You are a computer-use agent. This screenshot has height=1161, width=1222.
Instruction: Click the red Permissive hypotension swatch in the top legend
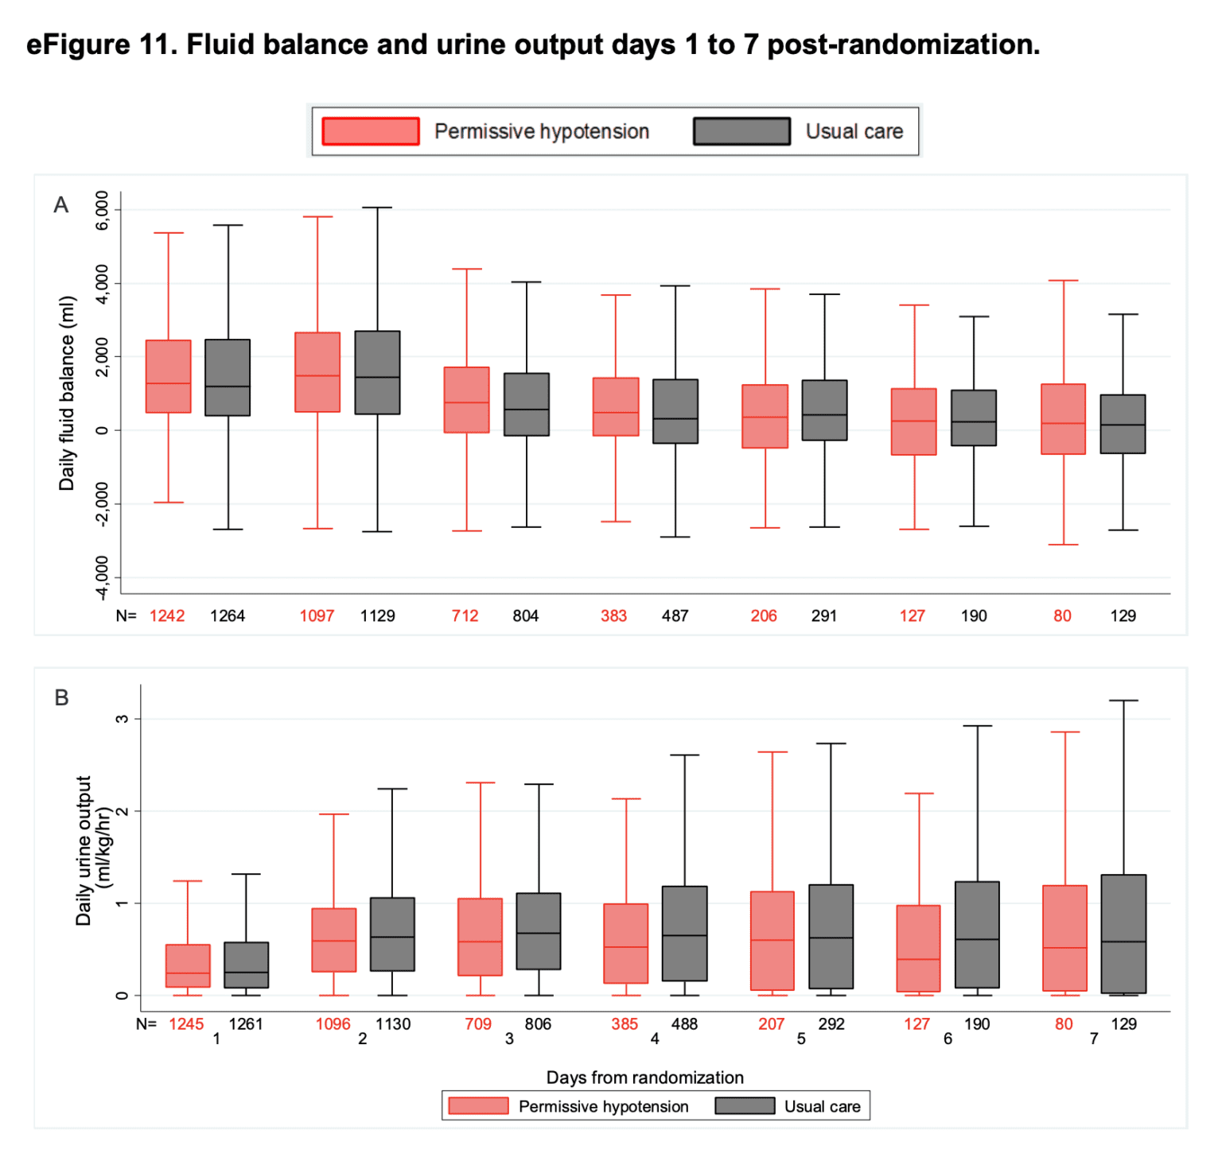tap(370, 131)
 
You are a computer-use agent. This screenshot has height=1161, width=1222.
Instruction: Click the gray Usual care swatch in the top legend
tap(741, 131)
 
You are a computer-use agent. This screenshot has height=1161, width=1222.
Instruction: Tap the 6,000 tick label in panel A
tap(103, 211)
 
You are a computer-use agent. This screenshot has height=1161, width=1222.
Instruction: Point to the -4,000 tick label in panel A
tap(103, 578)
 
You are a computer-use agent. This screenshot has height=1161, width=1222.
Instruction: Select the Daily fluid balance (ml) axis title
tap(67, 393)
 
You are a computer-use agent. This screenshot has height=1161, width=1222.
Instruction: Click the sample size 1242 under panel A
tap(167, 615)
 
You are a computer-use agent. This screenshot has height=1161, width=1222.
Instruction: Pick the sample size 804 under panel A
tap(525, 615)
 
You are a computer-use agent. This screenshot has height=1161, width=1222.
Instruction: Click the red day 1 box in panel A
tap(168, 376)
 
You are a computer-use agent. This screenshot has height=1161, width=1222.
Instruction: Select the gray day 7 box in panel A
tap(1123, 424)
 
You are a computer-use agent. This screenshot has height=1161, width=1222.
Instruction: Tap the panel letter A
tap(60, 205)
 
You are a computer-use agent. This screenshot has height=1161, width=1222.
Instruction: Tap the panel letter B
tap(61, 697)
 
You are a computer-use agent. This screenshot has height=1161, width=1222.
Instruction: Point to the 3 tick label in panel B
tap(122, 719)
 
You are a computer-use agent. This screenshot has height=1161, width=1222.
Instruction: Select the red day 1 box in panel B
tap(188, 965)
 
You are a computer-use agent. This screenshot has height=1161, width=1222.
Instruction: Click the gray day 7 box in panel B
tap(1123, 934)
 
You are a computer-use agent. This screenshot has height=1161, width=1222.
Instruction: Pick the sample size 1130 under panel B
tap(393, 1024)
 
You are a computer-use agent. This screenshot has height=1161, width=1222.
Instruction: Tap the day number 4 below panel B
tap(655, 1039)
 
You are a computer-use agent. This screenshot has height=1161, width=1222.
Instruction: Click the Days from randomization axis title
tap(644, 1078)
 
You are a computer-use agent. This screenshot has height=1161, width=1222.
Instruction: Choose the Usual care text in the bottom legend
tap(822, 1106)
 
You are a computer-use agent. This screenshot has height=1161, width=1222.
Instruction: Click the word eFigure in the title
tap(78, 45)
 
